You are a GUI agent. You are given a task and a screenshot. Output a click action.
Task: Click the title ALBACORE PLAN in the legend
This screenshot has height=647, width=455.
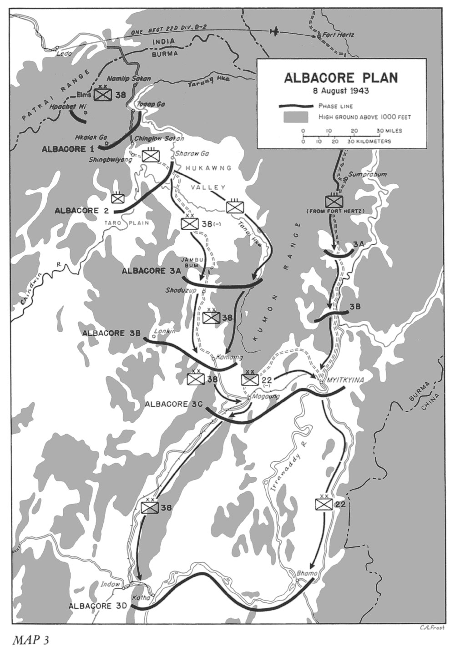click(x=341, y=77)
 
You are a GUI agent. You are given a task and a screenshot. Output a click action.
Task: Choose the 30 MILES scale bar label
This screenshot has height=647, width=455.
click(x=389, y=131)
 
